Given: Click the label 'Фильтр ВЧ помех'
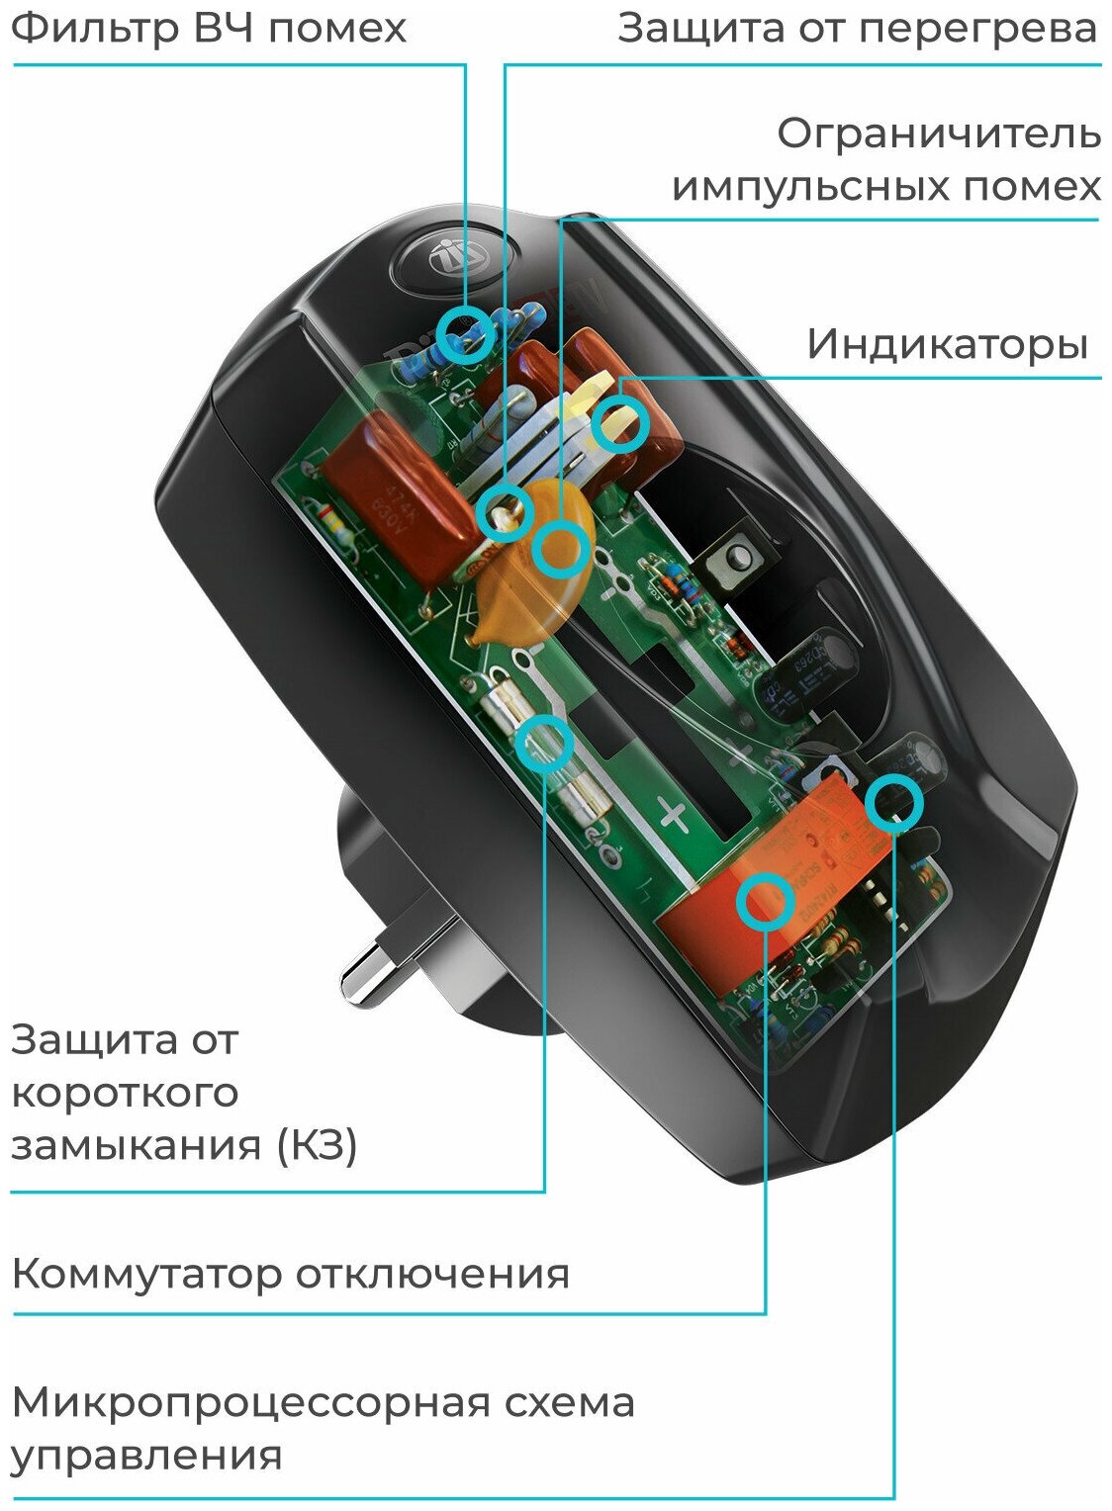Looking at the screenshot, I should click(208, 28).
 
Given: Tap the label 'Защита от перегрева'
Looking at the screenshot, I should click(857, 28).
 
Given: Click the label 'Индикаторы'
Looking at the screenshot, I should click(947, 344).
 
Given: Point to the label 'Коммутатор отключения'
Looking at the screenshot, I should click(290, 1274).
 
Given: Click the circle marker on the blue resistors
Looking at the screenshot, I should click(465, 333).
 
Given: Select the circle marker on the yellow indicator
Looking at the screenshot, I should click(621, 423).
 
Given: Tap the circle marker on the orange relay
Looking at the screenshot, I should click(766, 900).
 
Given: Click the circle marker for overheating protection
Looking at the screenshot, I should click(506, 512).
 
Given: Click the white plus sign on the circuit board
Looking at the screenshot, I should click(674, 817).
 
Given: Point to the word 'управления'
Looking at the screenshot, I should click(146, 1456).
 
